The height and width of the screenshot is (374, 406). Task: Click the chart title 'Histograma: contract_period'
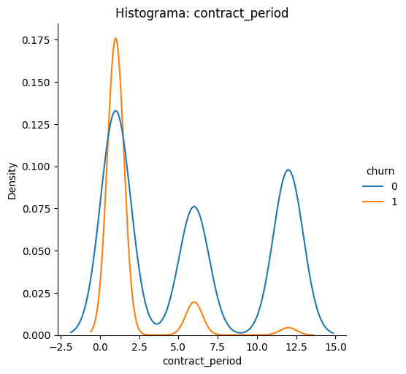click(x=202, y=13)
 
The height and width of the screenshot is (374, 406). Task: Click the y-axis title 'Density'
click(x=12, y=180)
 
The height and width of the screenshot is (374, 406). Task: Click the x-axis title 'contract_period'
click(x=202, y=361)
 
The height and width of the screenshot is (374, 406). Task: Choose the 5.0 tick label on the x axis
click(x=178, y=347)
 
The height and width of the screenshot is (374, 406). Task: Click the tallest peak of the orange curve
click(x=115, y=39)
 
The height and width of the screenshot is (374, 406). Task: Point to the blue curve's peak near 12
click(x=288, y=170)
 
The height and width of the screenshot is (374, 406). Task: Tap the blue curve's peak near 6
click(x=194, y=207)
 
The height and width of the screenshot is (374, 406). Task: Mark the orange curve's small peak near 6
click(x=194, y=302)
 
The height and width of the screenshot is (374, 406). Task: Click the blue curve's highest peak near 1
click(x=115, y=111)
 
